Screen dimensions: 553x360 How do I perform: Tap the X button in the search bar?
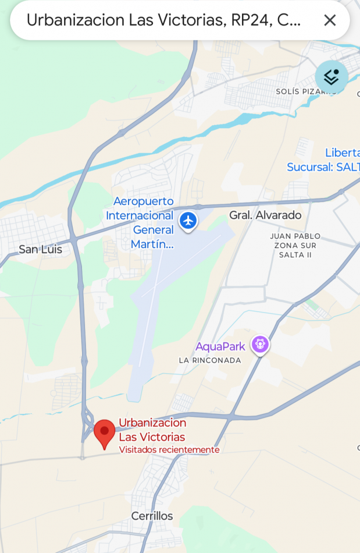pyautogui.click(x=330, y=20)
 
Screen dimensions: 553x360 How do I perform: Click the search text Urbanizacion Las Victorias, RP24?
pyautogui.click(x=163, y=20)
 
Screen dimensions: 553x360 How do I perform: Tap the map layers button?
pyautogui.click(x=332, y=77)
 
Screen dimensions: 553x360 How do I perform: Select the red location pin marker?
pyautogui.click(x=105, y=433)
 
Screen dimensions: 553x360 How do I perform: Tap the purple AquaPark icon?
pyautogui.click(x=260, y=345)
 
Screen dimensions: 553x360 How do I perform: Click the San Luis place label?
pyautogui.click(x=40, y=250)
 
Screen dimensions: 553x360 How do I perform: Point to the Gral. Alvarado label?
pyautogui.click(x=265, y=215)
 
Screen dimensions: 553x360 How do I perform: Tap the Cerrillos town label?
pyautogui.click(x=152, y=516)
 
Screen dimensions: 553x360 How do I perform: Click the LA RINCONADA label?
pyautogui.click(x=210, y=360)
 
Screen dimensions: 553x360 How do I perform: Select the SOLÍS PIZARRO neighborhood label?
pyautogui.click(x=306, y=91)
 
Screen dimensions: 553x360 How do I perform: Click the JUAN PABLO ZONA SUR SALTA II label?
pyautogui.click(x=295, y=246)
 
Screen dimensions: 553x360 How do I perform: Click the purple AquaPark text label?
pyautogui.click(x=220, y=346)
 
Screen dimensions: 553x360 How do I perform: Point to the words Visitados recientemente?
pyautogui.click(x=169, y=450)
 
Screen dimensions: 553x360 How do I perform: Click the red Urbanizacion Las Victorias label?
pyautogui.click(x=152, y=430)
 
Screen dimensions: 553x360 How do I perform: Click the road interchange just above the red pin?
pyautogui.click(x=88, y=416)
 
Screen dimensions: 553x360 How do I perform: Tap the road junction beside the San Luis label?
pyautogui.click(x=74, y=239)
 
